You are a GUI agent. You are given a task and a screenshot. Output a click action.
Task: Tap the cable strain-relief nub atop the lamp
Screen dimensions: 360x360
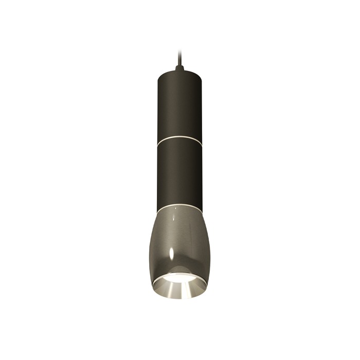click(x=179, y=68)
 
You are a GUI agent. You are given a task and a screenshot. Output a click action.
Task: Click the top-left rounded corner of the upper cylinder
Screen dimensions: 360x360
click(x=158, y=73)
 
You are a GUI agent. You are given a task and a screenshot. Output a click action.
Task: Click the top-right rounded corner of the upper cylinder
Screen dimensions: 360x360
click(x=201, y=73)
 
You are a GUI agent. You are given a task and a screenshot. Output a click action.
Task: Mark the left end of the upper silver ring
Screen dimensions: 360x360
click(x=157, y=140)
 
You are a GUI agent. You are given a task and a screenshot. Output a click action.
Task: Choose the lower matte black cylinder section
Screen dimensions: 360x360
click(x=179, y=175)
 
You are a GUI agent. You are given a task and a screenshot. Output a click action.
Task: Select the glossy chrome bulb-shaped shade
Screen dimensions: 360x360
click(x=179, y=242)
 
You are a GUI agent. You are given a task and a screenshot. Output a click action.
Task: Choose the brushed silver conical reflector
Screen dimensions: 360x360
click(x=179, y=288)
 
